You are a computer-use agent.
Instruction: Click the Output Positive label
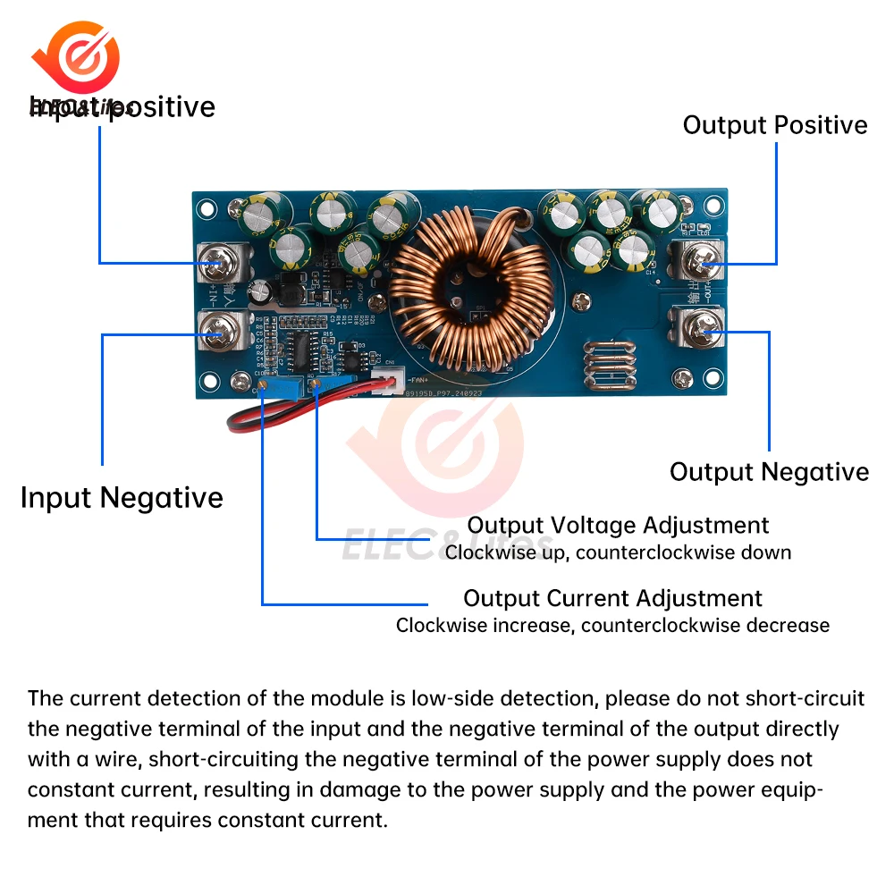(x=775, y=125)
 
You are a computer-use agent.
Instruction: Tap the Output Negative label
(x=769, y=472)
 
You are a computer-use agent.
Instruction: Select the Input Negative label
(x=122, y=497)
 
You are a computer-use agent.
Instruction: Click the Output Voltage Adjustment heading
(x=618, y=525)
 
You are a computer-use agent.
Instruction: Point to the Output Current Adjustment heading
(x=612, y=598)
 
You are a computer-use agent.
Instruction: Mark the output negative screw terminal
(x=703, y=333)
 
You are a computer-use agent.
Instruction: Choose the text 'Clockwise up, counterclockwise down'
(x=618, y=552)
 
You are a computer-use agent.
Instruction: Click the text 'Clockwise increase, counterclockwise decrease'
(x=612, y=625)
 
